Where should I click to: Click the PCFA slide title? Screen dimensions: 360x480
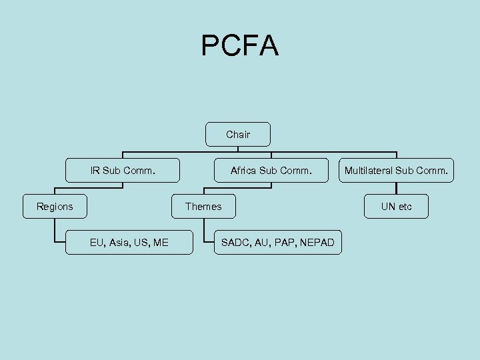(239, 46)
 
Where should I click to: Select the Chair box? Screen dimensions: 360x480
(238, 135)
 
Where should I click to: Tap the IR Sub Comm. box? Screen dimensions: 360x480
(123, 171)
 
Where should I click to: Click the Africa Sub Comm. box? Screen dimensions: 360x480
(271, 171)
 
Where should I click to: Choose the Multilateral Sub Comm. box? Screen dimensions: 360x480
(396, 171)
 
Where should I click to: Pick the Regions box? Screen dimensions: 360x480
(55, 207)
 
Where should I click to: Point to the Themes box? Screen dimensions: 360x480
(203, 207)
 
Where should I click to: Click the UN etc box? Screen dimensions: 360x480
(396, 207)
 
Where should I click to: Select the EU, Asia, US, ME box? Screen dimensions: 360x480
(129, 242)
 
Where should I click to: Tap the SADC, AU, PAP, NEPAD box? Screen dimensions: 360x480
(277, 242)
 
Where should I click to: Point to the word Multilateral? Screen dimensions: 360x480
(369, 171)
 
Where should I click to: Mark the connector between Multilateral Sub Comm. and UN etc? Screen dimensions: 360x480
(396, 188)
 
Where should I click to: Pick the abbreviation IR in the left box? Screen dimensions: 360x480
(95, 171)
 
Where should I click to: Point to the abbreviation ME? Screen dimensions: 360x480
(161, 242)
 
